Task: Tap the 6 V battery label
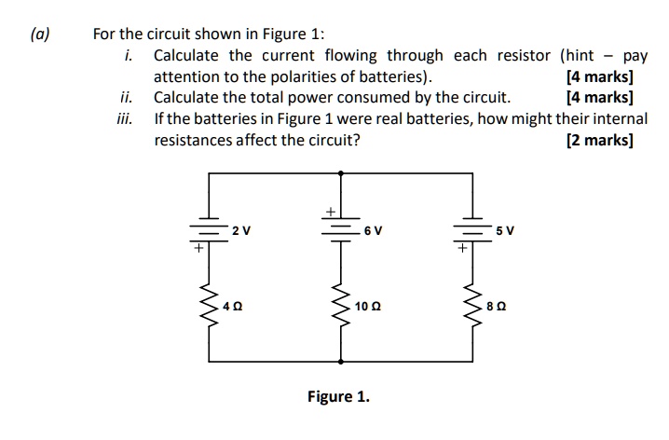372,230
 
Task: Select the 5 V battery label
504,230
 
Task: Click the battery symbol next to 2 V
209,229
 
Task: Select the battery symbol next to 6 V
340,228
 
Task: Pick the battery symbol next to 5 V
471,229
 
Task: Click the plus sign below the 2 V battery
197,249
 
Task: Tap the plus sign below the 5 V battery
460,249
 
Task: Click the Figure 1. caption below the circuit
338,396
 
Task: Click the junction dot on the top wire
340,172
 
